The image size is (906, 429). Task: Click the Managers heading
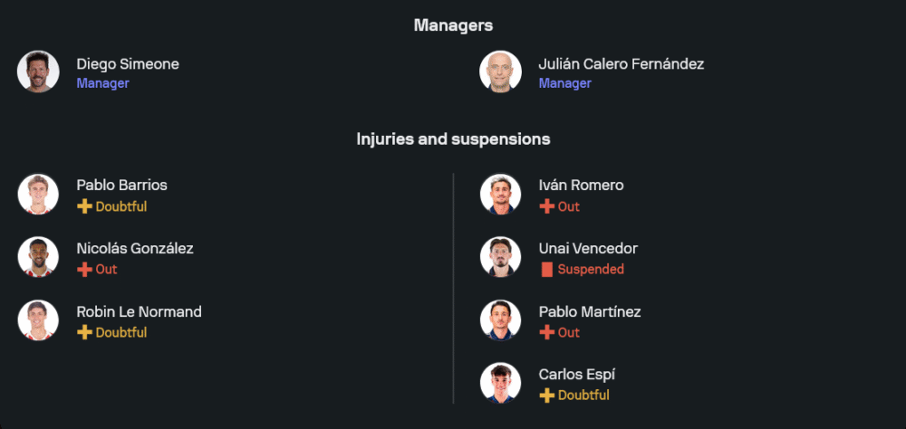pyautogui.click(x=453, y=25)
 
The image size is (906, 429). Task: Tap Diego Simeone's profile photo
pyautogui.click(x=38, y=71)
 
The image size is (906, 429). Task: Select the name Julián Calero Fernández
pyautogui.click(x=621, y=64)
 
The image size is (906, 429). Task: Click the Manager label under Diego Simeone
pyautogui.click(x=102, y=83)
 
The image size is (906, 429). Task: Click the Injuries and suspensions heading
pyautogui.click(x=453, y=139)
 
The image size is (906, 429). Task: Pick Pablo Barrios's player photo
pyautogui.click(x=38, y=195)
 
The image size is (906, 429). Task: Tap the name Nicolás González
pyautogui.click(x=134, y=248)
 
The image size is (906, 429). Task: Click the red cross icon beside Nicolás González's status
pyautogui.click(x=84, y=269)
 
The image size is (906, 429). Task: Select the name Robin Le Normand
pyautogui.click(x=139, y=311)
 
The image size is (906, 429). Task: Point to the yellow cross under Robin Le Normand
pyautogui.click(x=84, y=332)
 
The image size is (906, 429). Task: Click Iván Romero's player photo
pyautogui.click(x=500, y=195)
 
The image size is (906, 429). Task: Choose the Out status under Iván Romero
pyautogui.click(x=568, y=206)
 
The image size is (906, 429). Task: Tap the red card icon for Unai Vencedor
pyautogui.click(x=546, y=269)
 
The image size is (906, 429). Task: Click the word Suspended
pyautogui.click(x=591, y=269)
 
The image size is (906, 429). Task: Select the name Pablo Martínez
pyautogui.click(x=590, y=311)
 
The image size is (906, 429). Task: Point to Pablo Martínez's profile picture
pyautogui.click(x=500, y=320)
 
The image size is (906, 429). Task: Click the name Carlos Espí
pyautogui.click(x=577, y=374)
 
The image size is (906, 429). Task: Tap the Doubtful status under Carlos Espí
pyautogui.click(x=583, y=396)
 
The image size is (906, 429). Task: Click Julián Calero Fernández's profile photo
pyautogui.click(x=500, y=71)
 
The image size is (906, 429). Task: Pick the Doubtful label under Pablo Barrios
pyautogui.click(x=121, y=206)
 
